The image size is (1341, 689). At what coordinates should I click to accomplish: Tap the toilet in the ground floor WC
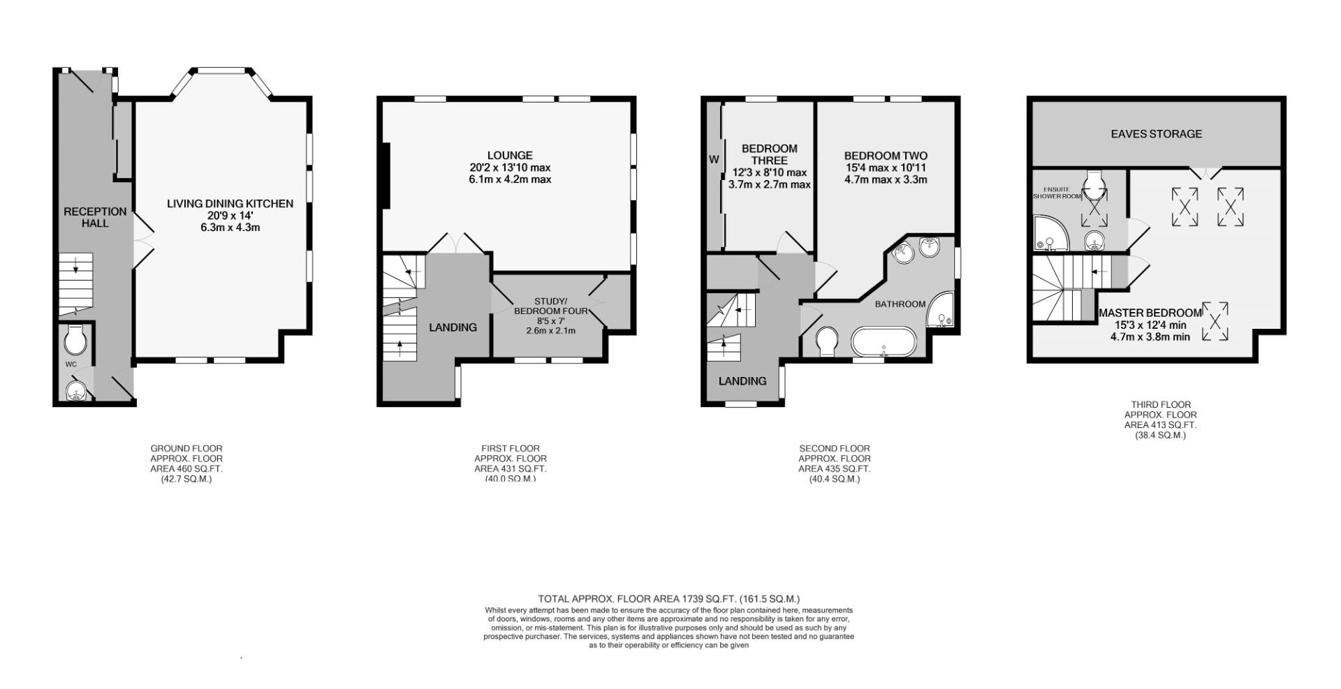74,341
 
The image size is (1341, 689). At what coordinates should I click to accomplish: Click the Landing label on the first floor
453,327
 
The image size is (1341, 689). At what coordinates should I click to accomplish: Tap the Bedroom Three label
769,154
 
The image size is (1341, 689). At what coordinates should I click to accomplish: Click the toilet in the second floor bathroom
827,341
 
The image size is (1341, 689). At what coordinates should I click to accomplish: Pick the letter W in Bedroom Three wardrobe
714,160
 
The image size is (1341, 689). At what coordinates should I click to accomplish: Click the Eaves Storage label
1156,133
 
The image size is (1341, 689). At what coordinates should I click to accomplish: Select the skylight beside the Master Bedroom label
1215,321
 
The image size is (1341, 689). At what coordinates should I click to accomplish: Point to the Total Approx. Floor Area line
668,599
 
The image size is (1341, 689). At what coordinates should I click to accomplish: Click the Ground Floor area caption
186,464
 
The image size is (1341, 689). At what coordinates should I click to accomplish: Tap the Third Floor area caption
1160,420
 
